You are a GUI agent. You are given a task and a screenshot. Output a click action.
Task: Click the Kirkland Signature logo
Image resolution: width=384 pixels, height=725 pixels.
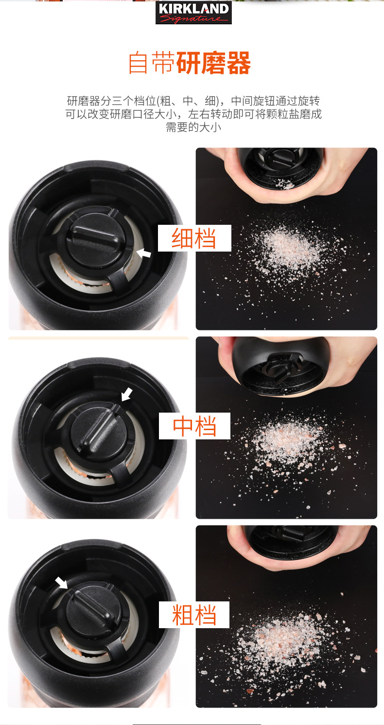193,12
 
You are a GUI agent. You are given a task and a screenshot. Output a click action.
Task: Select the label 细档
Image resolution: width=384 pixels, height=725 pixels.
194,238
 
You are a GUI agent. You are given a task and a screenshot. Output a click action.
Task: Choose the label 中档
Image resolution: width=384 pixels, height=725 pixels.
194,426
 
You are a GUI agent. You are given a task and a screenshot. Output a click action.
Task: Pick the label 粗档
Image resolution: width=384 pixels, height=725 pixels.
194,615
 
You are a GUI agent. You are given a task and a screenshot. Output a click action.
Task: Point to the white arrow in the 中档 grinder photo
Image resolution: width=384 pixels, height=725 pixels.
127,395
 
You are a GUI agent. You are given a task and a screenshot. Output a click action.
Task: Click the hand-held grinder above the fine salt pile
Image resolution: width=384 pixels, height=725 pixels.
280,167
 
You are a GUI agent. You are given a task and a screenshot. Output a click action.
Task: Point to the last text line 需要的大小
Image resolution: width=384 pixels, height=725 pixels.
193,127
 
